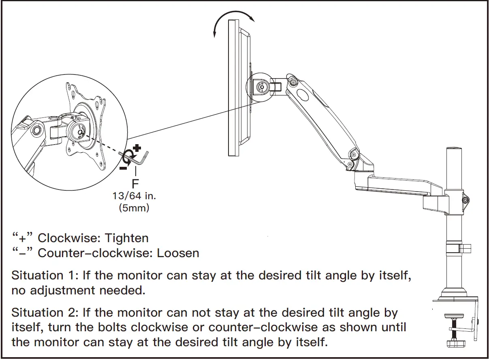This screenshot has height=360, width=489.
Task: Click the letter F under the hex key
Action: (135, 183)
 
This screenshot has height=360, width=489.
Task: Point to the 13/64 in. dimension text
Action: (135, 196)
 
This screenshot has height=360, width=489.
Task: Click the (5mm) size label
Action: (135, 208)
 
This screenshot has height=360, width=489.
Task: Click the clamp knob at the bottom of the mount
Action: (457, 343)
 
